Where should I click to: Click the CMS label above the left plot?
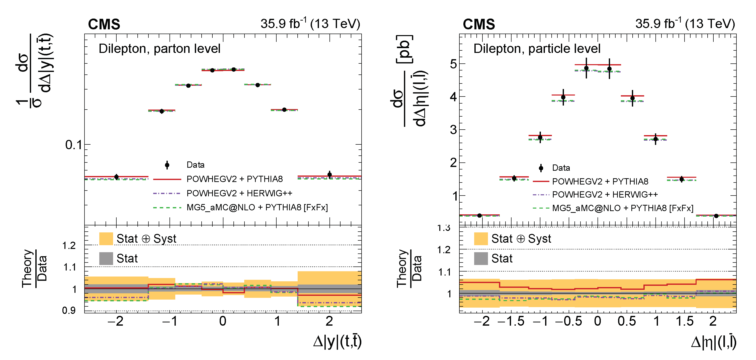pyautogui.click(x=104, y=24)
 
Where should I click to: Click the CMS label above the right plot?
pyautogui.click(x=479, y=24)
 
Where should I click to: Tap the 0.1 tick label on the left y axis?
pyautogui.click(x=74, y=145)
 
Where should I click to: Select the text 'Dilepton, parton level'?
pyautogui.click(x=159, y=49)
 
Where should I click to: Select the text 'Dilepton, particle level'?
pyautogui.click(x=537, y=49)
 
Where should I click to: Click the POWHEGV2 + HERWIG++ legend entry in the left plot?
pyautogui.click(x=239, y=193)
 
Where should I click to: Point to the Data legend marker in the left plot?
pyautogui.click(x=167, y=165)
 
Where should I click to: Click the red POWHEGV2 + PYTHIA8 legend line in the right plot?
pyautogui.click(x=541, y=181)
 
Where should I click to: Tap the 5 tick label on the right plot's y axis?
pyautogui.click(x=453, y=64)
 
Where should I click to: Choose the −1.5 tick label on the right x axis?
pyautogui.click(x=511, y=321)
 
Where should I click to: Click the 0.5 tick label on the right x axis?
pyautogui.click(x=627, y=321)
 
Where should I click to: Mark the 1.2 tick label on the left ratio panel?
pyautogui.click(x=69, y=245)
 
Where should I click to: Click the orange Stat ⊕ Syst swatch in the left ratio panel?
pyautogui.click(x=106, y=238)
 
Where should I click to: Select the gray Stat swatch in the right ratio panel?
pyautogui.click(x=481, y=258)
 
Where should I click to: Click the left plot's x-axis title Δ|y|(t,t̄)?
pyautogui.click(x=337, y=341)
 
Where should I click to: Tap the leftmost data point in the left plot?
pyautogui.click(x=117, y=177)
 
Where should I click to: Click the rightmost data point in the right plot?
pyautogui.click(x=716, y=216)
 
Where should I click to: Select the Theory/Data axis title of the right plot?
pyautogui.click(x=409, y=269)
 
